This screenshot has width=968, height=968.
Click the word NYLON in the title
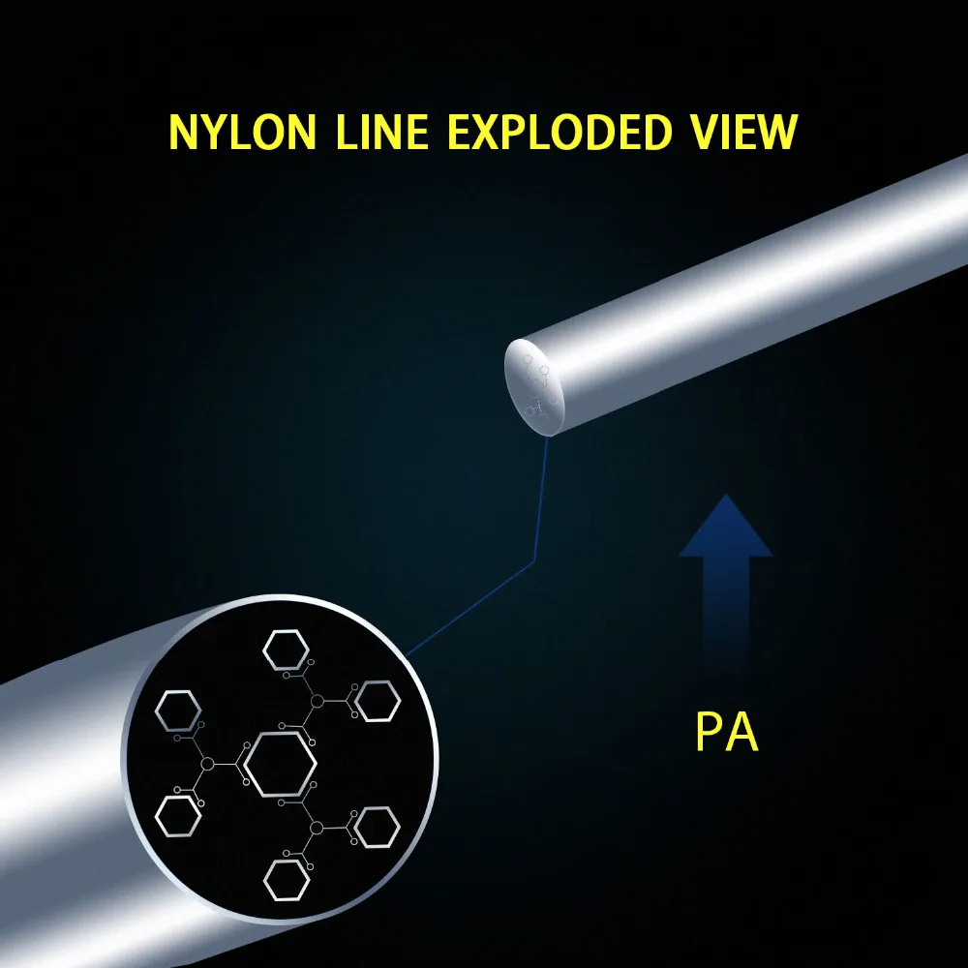point(242,132)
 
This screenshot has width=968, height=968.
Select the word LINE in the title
point(382,132)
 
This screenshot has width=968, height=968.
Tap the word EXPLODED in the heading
point(560,132)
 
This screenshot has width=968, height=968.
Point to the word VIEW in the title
point(743,132)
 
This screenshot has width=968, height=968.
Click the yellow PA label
point(727,731)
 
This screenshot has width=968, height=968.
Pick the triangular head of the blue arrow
point(726,528)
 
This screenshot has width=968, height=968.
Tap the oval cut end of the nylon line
point(534,388)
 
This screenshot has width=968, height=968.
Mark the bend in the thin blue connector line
point(534,561)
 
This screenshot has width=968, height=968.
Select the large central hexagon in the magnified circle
point(281,765)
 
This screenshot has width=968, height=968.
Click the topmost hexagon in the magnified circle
point(286,650)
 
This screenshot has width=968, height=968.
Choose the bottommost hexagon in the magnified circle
point(287,880)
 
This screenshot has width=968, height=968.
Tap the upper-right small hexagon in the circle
point(378,701)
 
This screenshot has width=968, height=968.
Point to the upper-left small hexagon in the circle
point(178,711)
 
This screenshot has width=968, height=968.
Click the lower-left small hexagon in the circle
point(178,816)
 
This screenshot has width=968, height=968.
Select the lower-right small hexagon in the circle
point(377,828)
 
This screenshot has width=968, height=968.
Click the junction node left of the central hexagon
point(207,765)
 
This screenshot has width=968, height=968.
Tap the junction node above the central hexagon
point(318,701)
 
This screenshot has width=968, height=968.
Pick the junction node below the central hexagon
point(317,828)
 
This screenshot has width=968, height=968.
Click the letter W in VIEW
point(774,132)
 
